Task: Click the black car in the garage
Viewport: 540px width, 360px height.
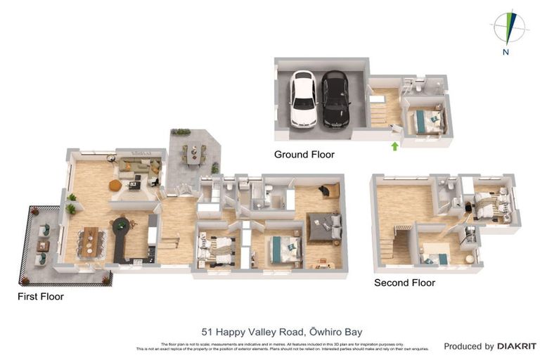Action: click(x=335, y=99)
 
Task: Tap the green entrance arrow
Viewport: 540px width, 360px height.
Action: click(x=394, y=146)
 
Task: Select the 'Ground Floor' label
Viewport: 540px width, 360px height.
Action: click(x=304, y=154)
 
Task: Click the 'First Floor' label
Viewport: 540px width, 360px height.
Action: click(x=41, y=297)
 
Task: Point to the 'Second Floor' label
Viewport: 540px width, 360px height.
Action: click(x=404, y=283)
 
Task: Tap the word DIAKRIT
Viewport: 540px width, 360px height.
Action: click(x=517, y=346)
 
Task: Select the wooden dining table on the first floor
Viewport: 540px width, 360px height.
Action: click(x=89, y=241)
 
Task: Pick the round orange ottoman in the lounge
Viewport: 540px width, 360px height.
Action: click(x=115, y=185)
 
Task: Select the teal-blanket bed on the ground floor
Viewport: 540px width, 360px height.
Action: click(x=425, y=119)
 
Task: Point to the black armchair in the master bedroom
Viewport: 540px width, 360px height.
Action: click(x=328, y=190)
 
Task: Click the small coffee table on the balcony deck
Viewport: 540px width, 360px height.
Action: click(x=43, y=245)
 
